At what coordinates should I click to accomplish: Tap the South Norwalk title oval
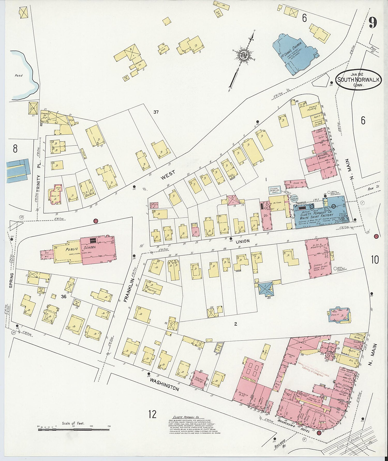(359, 80)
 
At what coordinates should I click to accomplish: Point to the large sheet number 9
(373, 23)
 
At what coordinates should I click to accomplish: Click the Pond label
(19, 76)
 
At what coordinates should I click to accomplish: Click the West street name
(168, 175)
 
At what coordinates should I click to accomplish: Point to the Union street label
(243, 241)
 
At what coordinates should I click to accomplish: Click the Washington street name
(164, 384)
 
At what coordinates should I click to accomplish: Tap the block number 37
(156, 112)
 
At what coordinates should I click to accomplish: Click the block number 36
(64, 296)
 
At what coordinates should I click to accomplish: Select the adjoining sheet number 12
(152, 414)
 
